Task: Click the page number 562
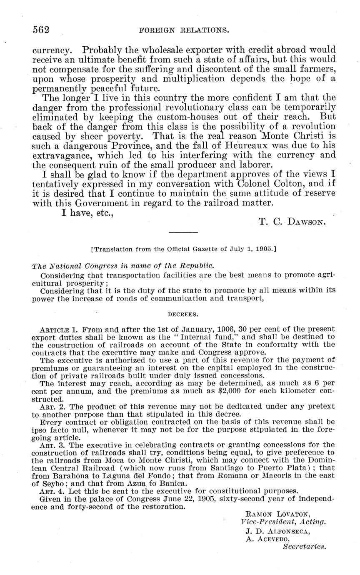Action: pyautogui.click(x=41, y=30)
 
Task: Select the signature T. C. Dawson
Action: pyautogui.click(x=292, y=222)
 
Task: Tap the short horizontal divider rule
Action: pyautogui.click(x=183, y=232)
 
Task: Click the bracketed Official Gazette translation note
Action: pyautogui.click(x=183, y=249)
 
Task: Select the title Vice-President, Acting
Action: pyautogui.click(x=283, y=522)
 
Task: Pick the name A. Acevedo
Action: pyautogui.click(x=267, y=539)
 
